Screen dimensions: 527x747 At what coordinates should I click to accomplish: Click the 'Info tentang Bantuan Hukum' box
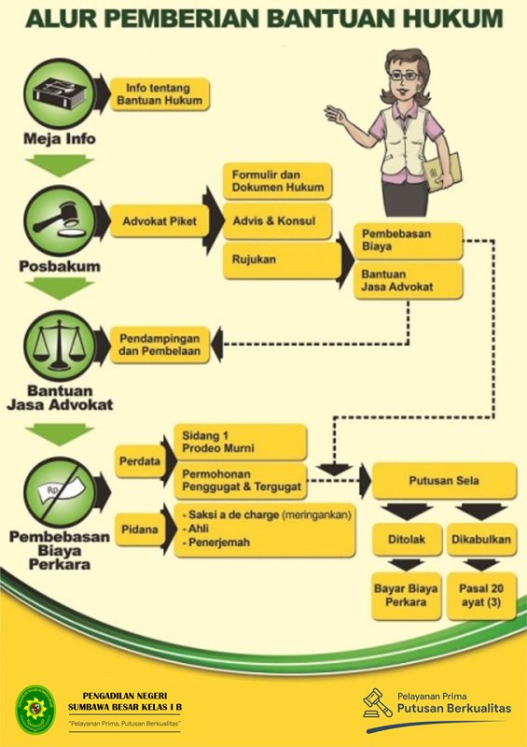pos(159,94)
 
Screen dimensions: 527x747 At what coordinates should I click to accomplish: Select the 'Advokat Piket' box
pos(159,221)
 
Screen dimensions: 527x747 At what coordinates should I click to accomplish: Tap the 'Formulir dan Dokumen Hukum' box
pos(277,181)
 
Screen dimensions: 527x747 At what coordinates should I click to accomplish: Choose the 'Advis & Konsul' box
pos(277,221)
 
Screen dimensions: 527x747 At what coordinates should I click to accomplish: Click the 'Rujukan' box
pos(282,261)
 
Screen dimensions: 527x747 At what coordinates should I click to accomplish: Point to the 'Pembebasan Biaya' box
pos(408,241)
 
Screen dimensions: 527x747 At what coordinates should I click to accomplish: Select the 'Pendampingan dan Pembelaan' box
pos(159,345)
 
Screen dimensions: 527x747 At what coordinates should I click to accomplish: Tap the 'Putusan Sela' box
pos(444,480)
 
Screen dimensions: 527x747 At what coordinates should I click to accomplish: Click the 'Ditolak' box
pos(407,540)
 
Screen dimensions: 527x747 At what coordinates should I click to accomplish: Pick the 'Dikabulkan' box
pos(481,540)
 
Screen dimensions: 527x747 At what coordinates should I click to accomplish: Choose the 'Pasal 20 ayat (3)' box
pos(481,596)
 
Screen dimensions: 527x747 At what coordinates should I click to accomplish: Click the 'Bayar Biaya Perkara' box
pos(407,596)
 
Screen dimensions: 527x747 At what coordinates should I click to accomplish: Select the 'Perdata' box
pos(140,461)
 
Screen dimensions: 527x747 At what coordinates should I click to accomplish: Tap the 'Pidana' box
pos(140,529)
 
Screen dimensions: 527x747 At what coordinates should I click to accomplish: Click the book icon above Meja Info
pos(60,94)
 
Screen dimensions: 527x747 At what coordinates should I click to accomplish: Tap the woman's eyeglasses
pos(404,76)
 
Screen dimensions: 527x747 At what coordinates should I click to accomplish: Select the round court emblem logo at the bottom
pos(35,709)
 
